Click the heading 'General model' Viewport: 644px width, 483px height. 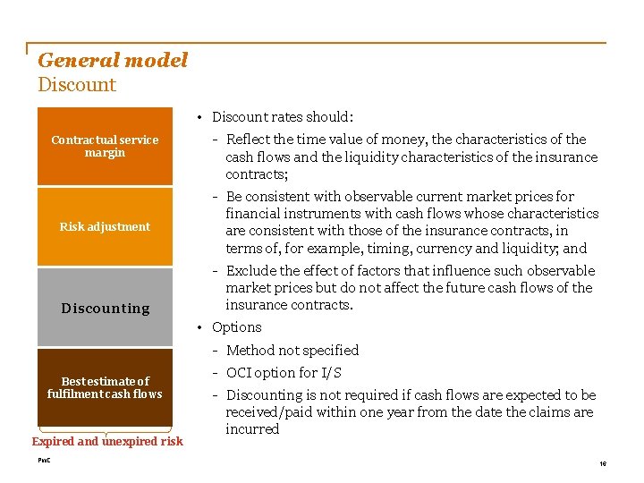pos(113,60)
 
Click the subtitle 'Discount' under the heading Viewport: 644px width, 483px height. pos(77,85)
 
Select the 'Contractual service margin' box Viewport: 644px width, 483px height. pos(105,146)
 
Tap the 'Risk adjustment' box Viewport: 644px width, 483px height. pos(105,226)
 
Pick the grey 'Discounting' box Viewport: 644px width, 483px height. pos(105,308)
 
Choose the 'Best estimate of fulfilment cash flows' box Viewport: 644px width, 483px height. pos(105,387)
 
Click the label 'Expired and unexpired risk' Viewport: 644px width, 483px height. pos(107,441)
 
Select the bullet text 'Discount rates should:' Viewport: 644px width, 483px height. pos(283,117)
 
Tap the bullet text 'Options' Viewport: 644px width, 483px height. pos(237,327)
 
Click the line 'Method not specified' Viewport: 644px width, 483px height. pos(292,350)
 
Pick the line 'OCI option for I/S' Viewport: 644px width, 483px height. pos(284,372)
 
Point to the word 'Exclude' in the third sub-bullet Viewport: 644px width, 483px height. pos(252,270)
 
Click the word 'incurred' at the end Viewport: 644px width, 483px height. pos(252,428)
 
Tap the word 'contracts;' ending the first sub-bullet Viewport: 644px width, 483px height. pos(256,174)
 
